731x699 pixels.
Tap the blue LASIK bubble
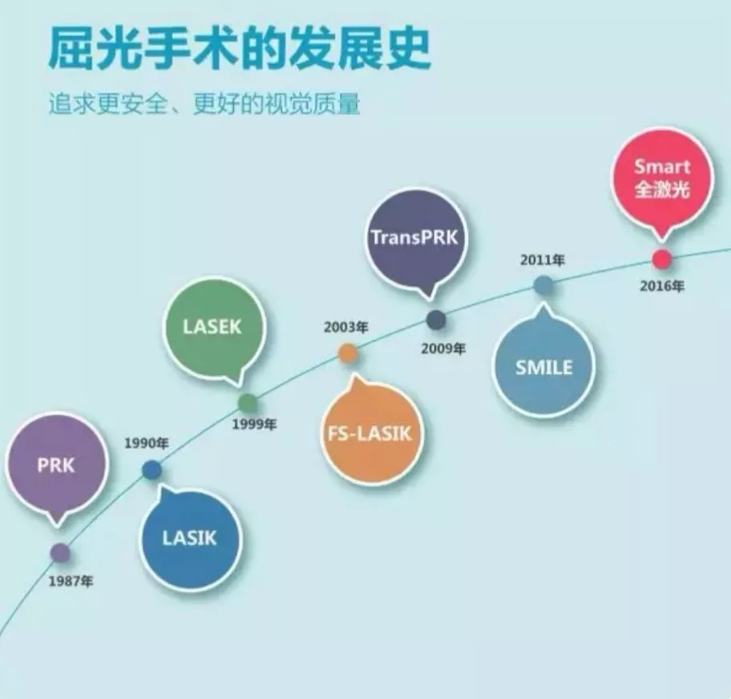coord(190,537)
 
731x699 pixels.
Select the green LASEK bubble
coord(212,327)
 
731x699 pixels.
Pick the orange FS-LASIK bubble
coord(370,434)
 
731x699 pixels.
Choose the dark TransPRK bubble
coord(417,237)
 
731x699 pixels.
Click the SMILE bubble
coord(544,367)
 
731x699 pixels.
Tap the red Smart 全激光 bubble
coord(662,178)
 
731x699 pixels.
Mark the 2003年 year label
coord(346,327)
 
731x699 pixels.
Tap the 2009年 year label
coord(442,349)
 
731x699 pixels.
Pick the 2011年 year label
coord(543,260)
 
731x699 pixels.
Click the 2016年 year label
coord(662,286)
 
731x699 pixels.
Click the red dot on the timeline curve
coord(661,259)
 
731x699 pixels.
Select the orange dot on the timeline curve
coord(348,353)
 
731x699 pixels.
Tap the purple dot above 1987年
coord(60,552)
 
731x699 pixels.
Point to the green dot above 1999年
coord(248,403)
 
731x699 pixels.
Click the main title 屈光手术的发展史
coord(238,50)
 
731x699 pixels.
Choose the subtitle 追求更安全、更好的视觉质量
coord(204,105)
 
